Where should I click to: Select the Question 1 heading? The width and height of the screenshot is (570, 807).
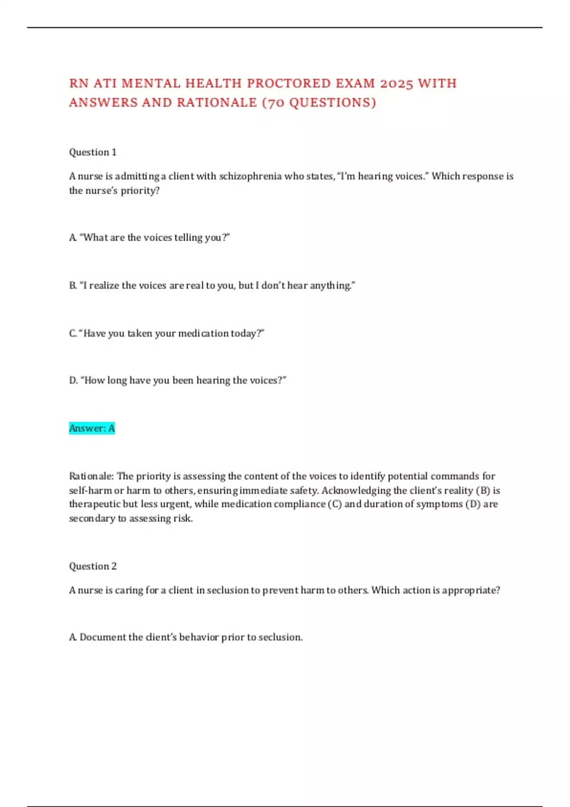[93, 152]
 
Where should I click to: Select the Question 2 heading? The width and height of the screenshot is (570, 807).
[93, 566]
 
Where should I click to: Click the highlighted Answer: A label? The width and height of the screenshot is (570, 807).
[92, 428]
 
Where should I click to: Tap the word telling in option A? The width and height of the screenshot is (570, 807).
[188, 237]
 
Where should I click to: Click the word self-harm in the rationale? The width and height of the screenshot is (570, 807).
[90, 490]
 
